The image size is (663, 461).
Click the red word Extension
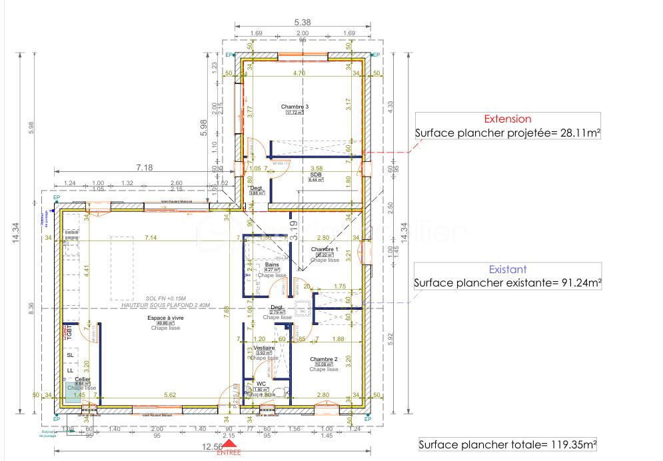[507, 119]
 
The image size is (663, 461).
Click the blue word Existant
[508, 270]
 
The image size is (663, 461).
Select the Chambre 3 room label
[295, 107]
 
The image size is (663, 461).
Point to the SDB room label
[315, 175]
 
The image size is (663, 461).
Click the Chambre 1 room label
[325, 250]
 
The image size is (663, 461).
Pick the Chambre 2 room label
[324, 358]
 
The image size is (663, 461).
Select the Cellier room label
[83, 379]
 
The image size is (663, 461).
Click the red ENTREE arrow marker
[229, 444]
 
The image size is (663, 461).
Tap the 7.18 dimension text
[145, 168]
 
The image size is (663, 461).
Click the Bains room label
[271, 264]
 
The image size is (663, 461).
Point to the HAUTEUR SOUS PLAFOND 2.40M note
[165, 304]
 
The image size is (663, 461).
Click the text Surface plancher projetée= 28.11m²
[507, 133]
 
